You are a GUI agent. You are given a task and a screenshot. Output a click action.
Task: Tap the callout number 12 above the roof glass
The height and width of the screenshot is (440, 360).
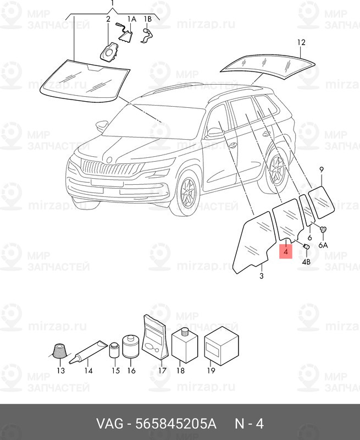[301, 42]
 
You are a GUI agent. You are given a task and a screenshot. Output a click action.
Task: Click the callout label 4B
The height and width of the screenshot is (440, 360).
[306, 262]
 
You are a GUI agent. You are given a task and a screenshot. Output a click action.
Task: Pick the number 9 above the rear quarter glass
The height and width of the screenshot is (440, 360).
[322, 169]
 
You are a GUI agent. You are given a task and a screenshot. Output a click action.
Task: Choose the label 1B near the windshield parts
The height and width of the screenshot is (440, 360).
[147, 19]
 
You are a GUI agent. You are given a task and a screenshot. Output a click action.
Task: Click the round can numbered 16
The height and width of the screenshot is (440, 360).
[131, 346]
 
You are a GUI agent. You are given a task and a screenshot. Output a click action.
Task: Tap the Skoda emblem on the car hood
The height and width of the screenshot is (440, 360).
[109, 159]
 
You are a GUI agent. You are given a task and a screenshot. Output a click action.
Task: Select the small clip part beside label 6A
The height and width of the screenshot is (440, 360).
[323, 229]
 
